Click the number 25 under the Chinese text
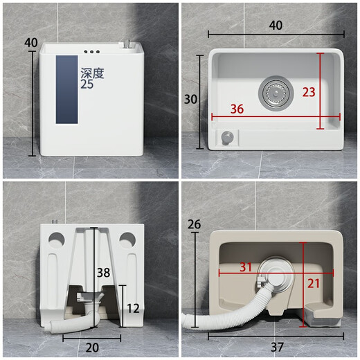click(87, 84)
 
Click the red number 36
click(237, 109)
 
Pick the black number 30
click(191, 99)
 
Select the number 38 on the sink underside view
click(102, 272)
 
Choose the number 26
click(194, 224)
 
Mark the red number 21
click(313, 283)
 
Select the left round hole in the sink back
click(57, 240)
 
